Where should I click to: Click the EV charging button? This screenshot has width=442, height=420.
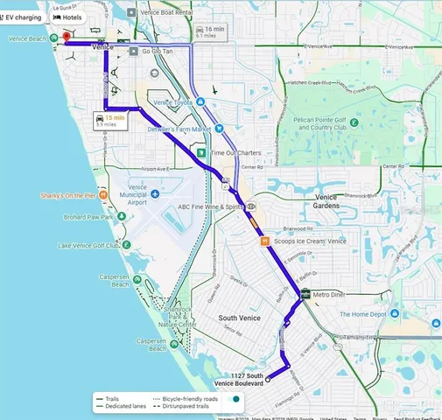21,17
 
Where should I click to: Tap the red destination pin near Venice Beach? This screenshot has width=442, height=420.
66,38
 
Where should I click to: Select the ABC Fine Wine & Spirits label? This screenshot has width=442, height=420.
210,207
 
